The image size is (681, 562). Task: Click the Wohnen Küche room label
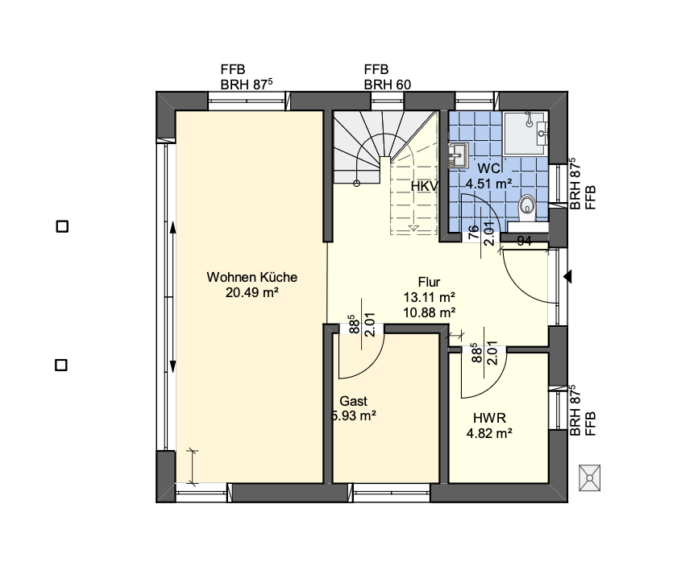click(252, 277)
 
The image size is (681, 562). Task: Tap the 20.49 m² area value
click(252, 292)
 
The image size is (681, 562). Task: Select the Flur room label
click(429, 282)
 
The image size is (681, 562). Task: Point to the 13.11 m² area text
click(429, 297)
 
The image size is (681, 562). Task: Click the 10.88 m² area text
click(429, 312)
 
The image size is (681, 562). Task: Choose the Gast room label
click(354, 401)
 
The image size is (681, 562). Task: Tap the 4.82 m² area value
click(489, 433)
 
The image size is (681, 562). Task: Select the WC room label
click(489, 168)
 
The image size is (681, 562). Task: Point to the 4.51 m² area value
click(489, 184)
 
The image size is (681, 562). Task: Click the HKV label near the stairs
click(425, 187)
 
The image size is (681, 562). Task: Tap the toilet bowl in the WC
click(528, 208)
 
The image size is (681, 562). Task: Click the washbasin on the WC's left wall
click(458, 155)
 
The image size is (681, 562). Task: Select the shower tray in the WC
click(525, 132)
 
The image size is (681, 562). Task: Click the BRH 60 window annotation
click(388, 85)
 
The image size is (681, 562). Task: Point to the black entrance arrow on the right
click(567, 276)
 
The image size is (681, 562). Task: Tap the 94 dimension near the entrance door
click(524, 241)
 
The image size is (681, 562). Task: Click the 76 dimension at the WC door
click(474, 232)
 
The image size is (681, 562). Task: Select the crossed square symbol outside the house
click(590, 477)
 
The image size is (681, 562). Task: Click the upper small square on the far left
click(63, 226)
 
